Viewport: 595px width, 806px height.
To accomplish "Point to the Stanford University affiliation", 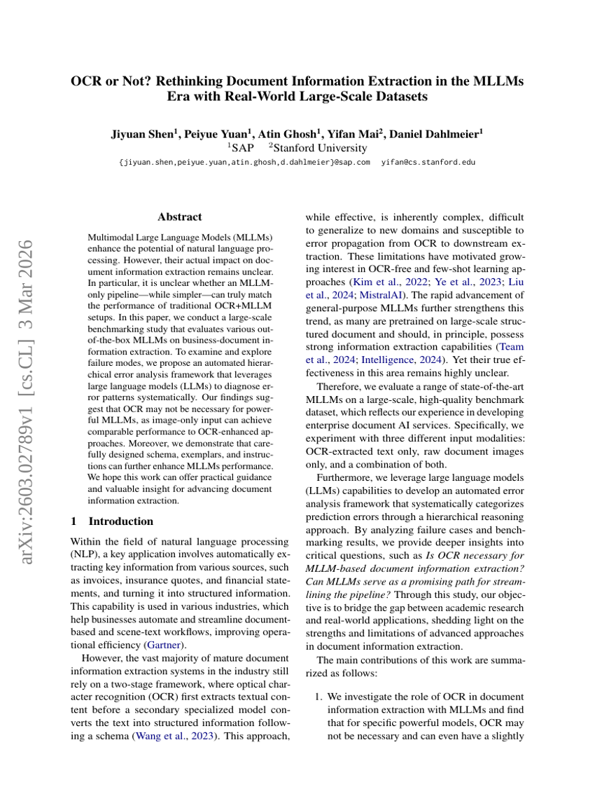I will [320, 148].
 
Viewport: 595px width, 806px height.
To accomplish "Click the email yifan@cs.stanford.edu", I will [428, 162].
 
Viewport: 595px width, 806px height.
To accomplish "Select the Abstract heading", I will [180, 217].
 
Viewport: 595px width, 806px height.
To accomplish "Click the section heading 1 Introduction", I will [112, 521].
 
